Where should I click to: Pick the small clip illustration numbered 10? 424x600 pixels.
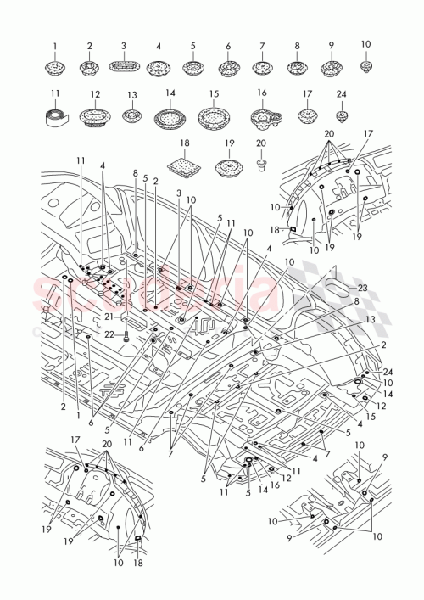(366, 64)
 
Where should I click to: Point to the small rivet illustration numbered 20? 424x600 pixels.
(261, 161)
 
